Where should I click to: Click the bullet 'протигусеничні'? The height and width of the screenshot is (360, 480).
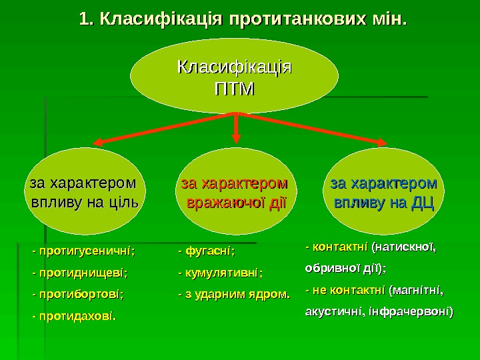point(86,252)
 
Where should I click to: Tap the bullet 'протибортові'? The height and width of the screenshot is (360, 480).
point(81,293)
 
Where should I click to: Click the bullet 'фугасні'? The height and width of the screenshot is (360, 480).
point(209,252)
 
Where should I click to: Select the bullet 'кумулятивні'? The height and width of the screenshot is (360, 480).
point(223,273)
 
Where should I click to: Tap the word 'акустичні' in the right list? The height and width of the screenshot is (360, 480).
point(327,311)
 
